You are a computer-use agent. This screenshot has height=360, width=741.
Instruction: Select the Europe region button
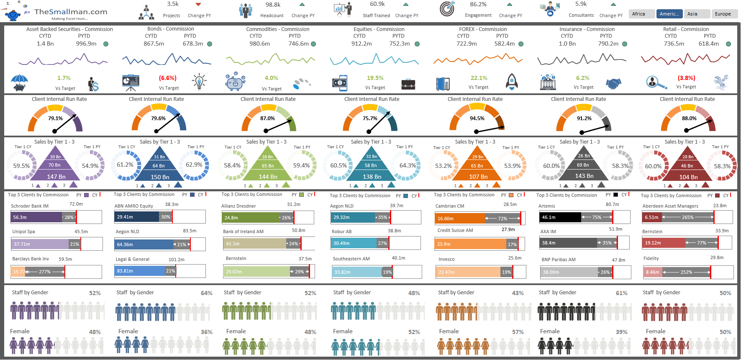tap(723, 14)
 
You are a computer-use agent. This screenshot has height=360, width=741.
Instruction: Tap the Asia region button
tap(692, 14)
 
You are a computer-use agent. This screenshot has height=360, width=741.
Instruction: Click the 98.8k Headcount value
tap(273, 5)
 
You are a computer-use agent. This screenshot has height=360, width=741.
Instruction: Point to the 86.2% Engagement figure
tap(478, 5)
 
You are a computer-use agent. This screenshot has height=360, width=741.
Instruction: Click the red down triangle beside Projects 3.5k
tap(198, 5)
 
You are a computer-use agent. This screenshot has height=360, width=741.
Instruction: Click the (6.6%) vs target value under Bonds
tap(168, 78)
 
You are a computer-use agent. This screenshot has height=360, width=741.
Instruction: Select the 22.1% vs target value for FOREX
tap(479, 78)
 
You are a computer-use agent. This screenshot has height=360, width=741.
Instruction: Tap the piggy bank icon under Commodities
tap(235, 82)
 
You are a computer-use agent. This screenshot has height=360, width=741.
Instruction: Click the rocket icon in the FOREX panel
tap(512, 82)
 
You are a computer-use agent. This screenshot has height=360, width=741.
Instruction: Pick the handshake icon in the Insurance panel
tap(614, 83)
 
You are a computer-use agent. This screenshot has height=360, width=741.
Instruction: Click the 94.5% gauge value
tap(477, 118)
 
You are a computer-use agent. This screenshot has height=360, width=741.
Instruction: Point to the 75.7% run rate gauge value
tap(370, 118)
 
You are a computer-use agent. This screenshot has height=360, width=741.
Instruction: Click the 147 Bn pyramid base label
tap(56, 177)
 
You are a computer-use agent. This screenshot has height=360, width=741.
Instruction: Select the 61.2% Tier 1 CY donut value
tap(125, 165)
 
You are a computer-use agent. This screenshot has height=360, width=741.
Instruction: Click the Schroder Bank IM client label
tap(30, 206)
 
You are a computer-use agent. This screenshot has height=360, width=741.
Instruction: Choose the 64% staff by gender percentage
tap(206, 293)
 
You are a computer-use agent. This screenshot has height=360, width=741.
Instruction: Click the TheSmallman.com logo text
tap(71, 12)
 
